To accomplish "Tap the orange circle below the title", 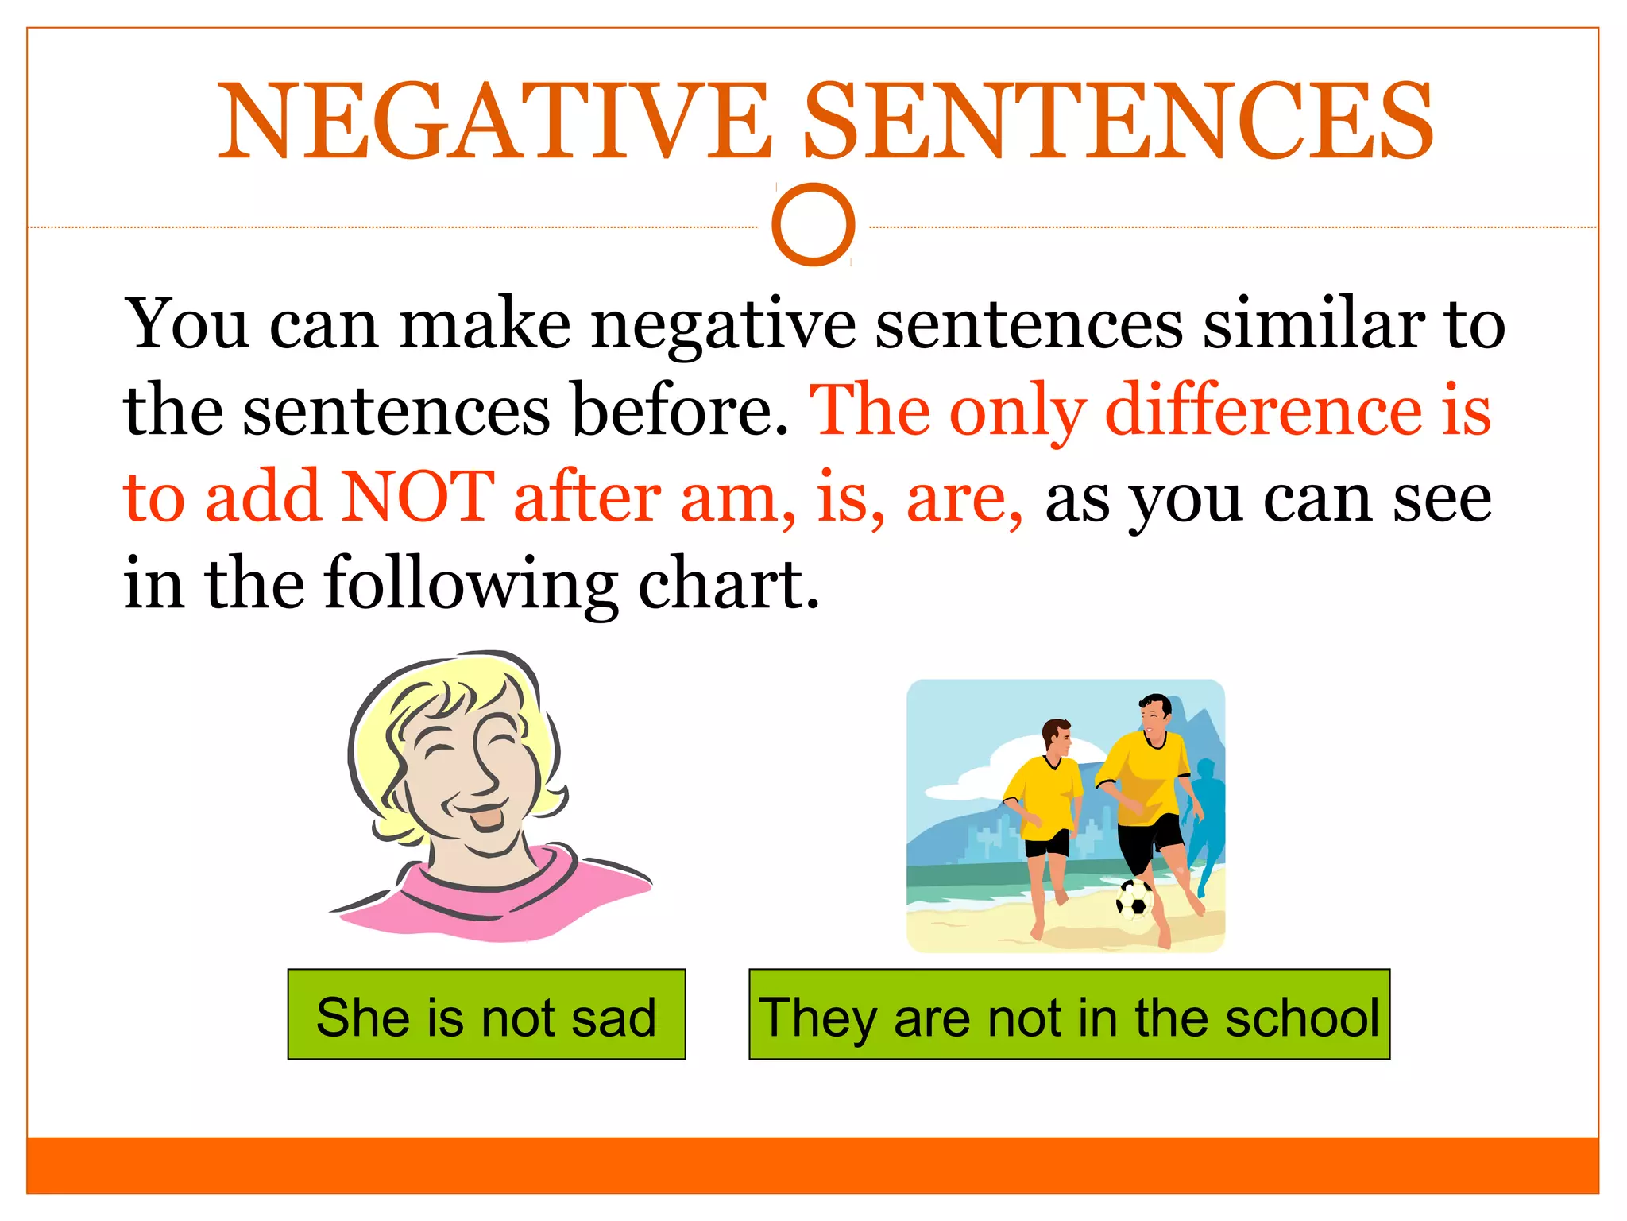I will tap(813, 224).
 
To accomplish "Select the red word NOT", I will tap(419, 496).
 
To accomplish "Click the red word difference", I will tap(1264, 410).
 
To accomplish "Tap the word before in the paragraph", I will tap(680, 410).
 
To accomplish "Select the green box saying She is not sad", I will tap(486, 1014).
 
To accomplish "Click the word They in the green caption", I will tap(818, 1017).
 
